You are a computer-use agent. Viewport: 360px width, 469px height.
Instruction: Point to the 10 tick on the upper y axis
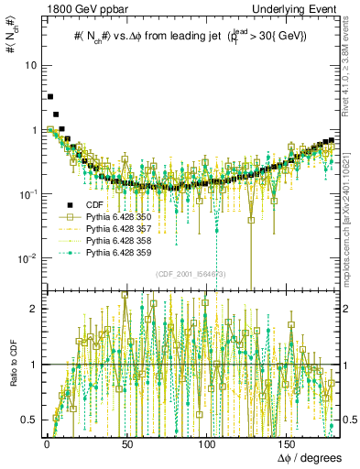click(x=30, y=66)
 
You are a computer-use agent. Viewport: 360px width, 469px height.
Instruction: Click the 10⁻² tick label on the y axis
click(x=27, y=258)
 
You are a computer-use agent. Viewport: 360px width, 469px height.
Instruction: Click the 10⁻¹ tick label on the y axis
click(x=27, y=194)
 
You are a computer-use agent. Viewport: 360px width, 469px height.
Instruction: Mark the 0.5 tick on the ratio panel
click(x=30, y=420)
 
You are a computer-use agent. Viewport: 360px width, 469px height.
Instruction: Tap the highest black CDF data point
click(x=50, y=96)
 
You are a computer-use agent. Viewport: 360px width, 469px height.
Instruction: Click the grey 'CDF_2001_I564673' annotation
click(x=191, y=274)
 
